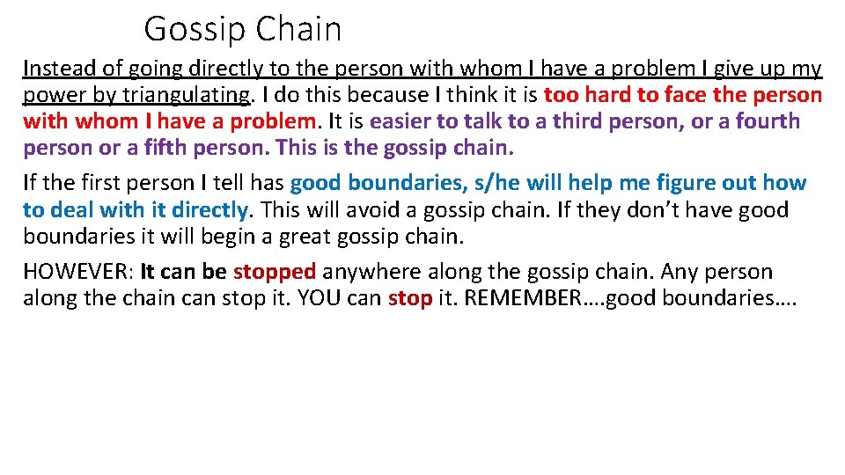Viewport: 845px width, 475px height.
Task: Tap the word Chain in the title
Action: (299, 29)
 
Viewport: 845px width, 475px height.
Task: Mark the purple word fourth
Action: (768, 121)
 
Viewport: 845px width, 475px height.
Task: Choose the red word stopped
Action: (274, 272)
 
